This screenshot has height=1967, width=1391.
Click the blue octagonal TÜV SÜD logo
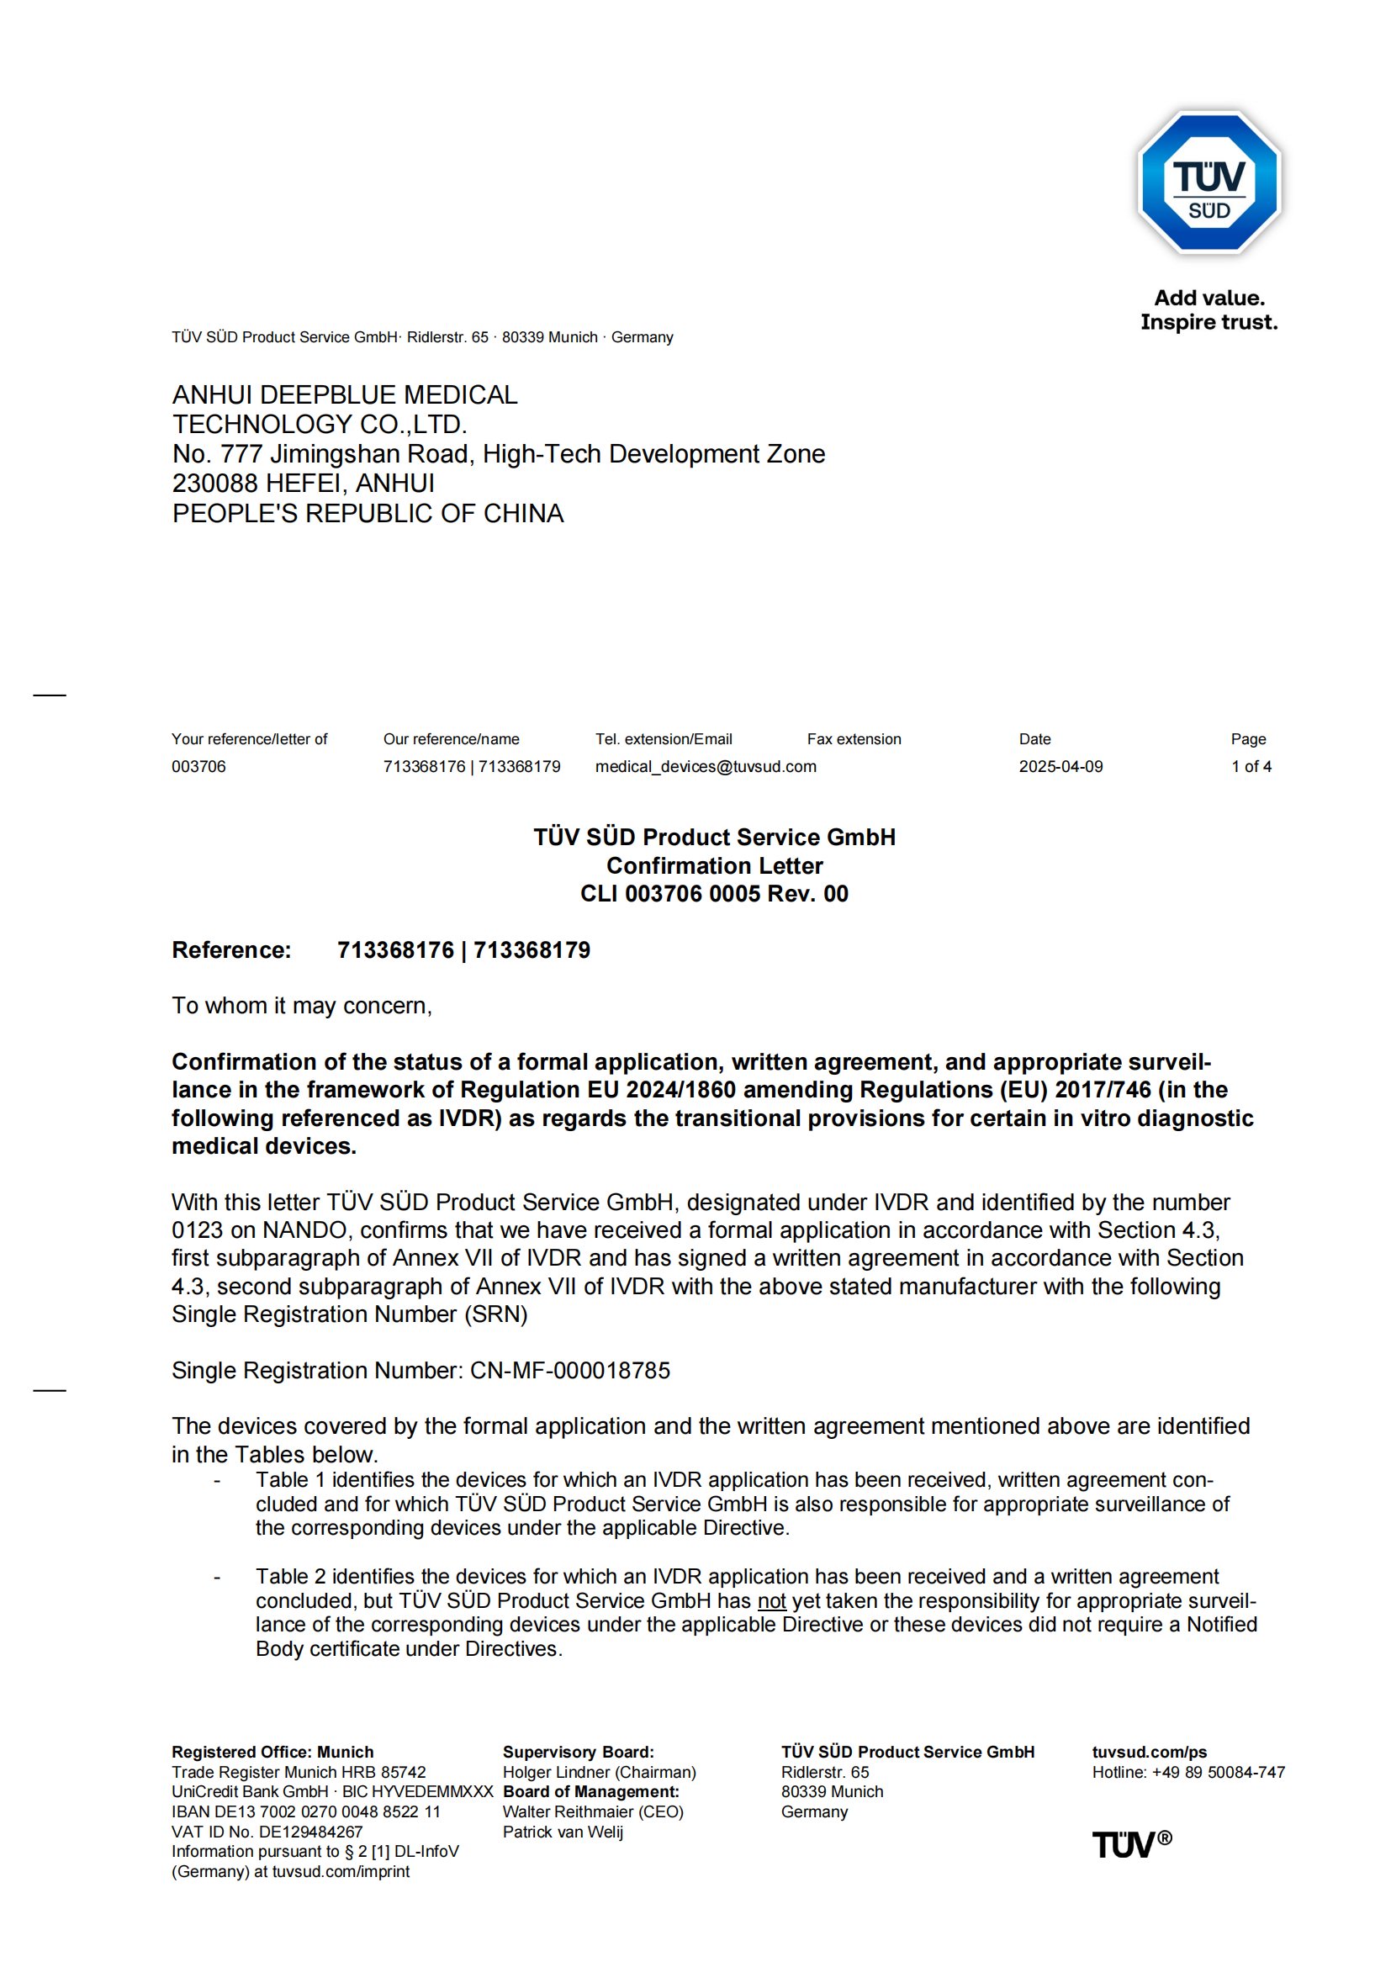pos(1209,182)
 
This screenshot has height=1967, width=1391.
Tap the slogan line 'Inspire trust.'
pos(1209,322)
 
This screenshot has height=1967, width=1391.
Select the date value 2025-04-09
pos(1060,767)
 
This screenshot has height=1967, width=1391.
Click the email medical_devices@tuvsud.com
pos(706,767)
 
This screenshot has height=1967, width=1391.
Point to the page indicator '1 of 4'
pos(1251,767)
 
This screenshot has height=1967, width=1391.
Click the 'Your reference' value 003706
pos(198,767)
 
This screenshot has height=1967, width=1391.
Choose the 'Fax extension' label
pos(854,739)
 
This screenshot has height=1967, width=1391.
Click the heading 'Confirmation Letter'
pos(714,865)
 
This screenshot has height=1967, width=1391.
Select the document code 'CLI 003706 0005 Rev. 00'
pos(714,894)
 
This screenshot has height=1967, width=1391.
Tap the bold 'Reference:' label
pos(231,950)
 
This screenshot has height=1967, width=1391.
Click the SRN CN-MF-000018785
pos(569,1371)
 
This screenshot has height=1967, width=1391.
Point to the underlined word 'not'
pos(772,1601)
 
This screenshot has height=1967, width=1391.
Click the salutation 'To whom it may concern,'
pos(302,1006)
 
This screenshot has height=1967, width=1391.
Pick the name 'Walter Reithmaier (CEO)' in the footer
pos(593,1812)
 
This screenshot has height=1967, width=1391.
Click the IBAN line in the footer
pos(306,1812)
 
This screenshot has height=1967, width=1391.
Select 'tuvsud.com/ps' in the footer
pos(1150,1752)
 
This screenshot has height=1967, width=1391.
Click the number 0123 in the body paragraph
pos(197,1230)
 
